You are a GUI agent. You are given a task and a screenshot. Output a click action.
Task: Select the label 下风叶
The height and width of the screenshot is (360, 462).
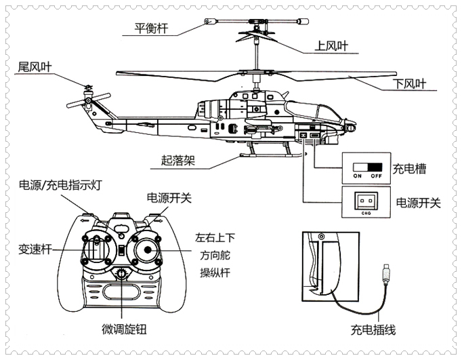pyautogui.click(x=410, y=85)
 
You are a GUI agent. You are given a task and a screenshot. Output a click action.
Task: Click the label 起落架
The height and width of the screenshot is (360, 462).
pyautogui.click(x=177, y=161)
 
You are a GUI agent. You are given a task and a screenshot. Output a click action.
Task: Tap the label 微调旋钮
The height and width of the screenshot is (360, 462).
pyautogui.click(x=124, y=330)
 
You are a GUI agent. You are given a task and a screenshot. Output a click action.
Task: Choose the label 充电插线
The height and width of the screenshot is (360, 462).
pyautogui.click(x=373, y=331)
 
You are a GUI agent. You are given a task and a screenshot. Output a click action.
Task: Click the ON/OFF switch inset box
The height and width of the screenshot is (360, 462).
pyautogui.click(x=367, y=169)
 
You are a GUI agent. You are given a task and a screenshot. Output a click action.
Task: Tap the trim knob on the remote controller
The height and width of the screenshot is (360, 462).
pyautogui.click(x=123, y=275)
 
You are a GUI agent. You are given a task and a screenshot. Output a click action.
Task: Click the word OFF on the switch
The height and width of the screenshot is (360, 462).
pyautogui.click(x=376, y=176)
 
